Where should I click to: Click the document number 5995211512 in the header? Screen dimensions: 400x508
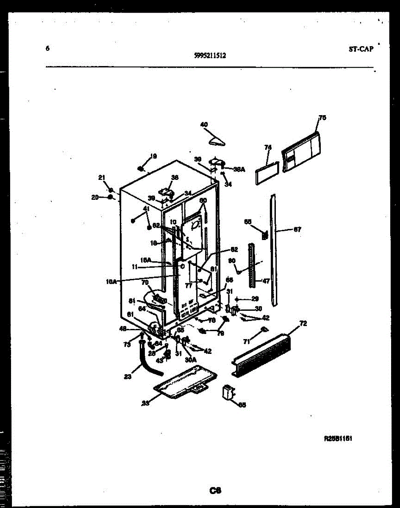210,55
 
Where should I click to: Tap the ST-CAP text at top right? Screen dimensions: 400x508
361,49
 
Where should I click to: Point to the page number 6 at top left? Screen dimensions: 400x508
47,48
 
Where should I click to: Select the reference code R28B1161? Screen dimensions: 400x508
338,439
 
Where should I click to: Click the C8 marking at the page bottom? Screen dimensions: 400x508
215,491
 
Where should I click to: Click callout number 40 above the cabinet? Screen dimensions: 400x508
204,124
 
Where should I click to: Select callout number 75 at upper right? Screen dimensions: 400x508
322,118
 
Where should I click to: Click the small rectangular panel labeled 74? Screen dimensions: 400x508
266,174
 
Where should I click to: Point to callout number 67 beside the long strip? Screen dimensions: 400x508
297,230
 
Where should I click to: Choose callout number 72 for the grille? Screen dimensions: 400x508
303,324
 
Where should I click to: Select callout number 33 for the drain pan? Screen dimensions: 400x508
145,403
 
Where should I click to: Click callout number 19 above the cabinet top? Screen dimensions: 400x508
153,156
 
